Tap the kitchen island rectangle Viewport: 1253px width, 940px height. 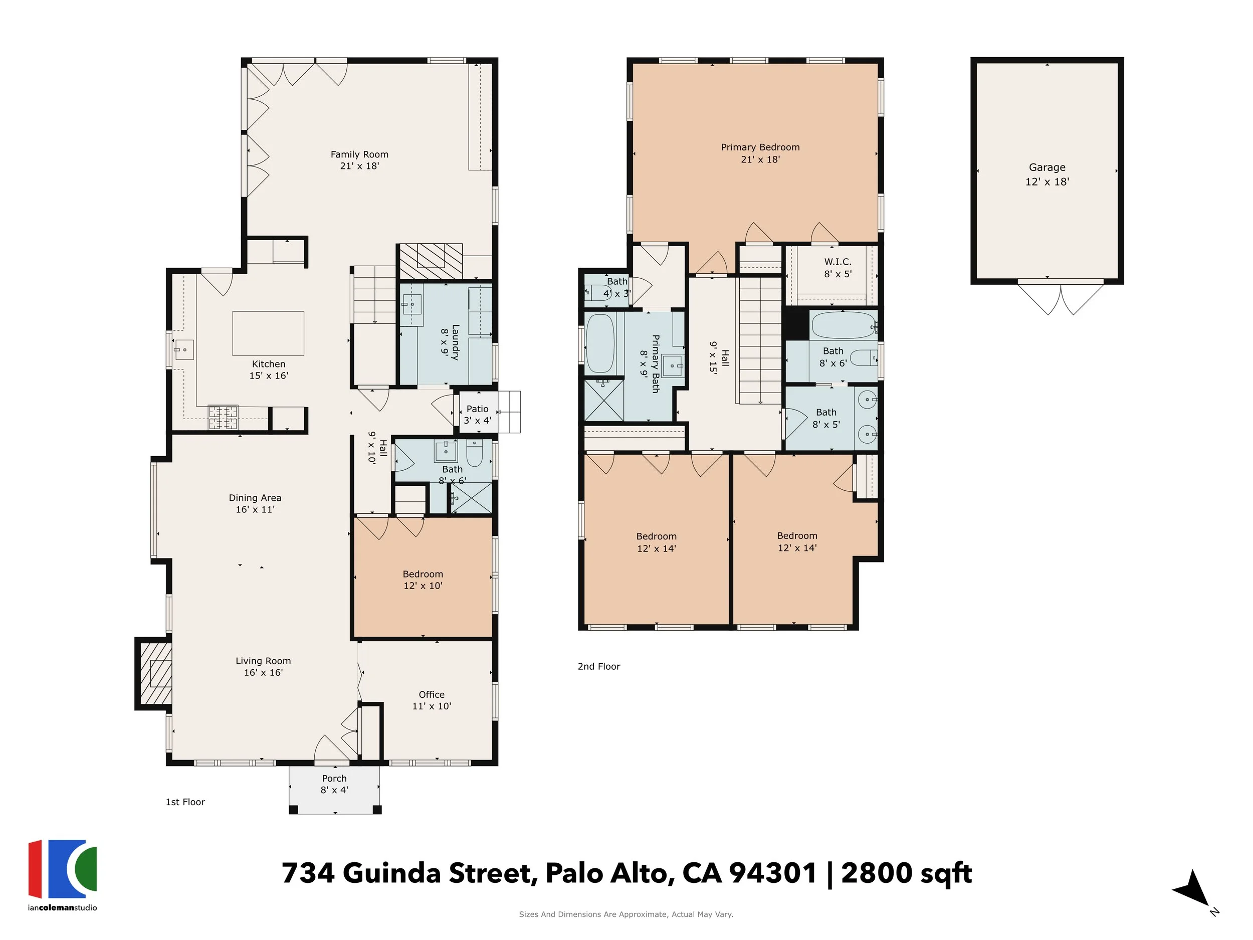[x=268, y=333]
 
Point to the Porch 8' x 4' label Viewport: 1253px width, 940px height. [x=334, y=784]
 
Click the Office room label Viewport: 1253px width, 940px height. [x=431, y=700]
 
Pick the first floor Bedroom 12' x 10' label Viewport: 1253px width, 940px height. [x=423, y=580]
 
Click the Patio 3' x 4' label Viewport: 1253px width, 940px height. [x=477, y=414]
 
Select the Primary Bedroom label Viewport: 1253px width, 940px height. [x=760, y=153]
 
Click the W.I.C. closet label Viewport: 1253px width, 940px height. [x=837, y=267]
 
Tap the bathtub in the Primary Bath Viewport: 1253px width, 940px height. [x=600, y=343]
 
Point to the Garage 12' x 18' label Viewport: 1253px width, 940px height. [x=1047, y=174]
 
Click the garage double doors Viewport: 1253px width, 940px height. [x=1061, y=297]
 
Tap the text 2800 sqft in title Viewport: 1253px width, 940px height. [x=906, y=873]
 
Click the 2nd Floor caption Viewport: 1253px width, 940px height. [x=599, y=666]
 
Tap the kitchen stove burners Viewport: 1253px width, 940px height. [x=223, y=418]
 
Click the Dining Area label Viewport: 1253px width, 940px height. [x=255, y=503]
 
